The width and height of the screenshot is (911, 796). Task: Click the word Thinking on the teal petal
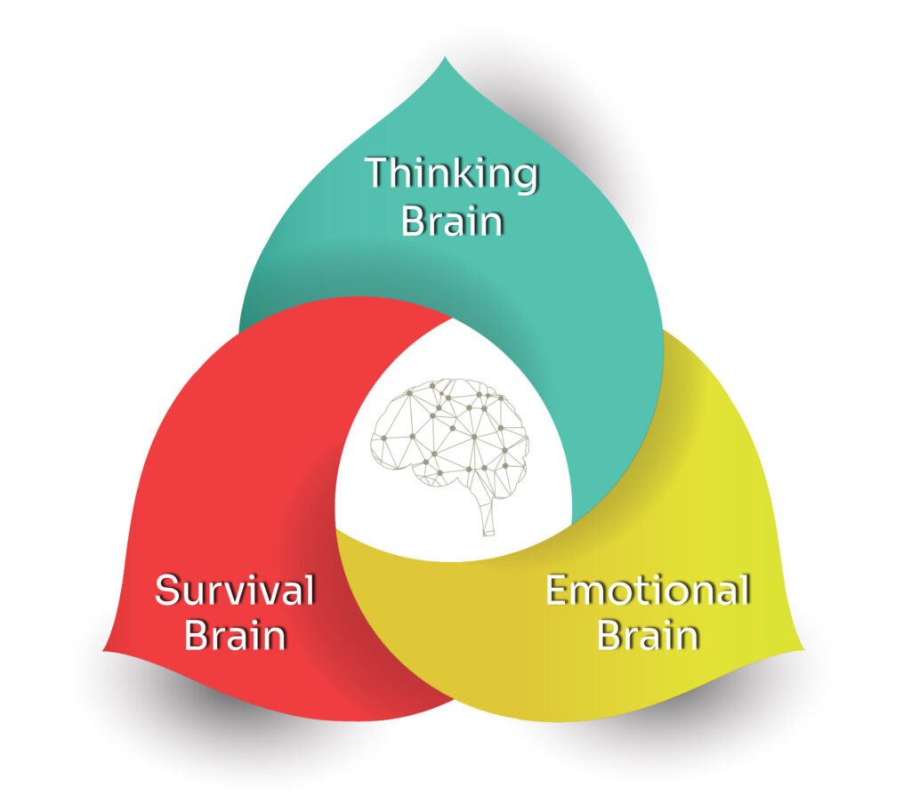[452, 173]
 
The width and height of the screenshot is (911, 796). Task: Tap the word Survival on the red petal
[235, 590]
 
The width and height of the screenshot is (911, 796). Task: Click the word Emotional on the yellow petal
[648, 590]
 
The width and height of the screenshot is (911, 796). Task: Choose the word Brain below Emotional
[648, 636]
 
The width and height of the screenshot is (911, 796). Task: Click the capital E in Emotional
[558, 591]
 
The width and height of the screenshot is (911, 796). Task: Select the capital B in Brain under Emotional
[611, 636]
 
